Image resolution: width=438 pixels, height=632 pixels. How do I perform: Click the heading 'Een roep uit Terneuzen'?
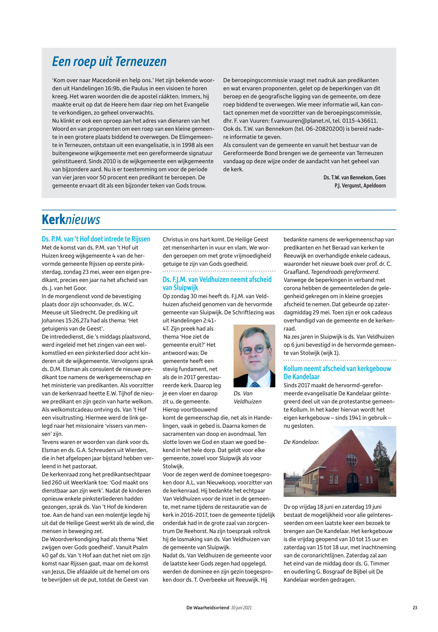tap(109, 62)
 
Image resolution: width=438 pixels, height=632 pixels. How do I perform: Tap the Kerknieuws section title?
tap(71, 220)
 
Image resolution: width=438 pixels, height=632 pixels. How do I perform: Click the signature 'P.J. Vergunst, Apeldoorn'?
tap(360, 186)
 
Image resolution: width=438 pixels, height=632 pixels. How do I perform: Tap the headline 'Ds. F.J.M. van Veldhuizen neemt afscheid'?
tap(217, 280)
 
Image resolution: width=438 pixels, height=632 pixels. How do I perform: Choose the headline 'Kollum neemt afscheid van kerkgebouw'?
tap(337, 369)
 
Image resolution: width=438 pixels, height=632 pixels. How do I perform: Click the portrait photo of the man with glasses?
tap(254, 356)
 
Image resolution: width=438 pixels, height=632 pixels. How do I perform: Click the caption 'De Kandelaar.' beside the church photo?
tap(301, 442)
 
